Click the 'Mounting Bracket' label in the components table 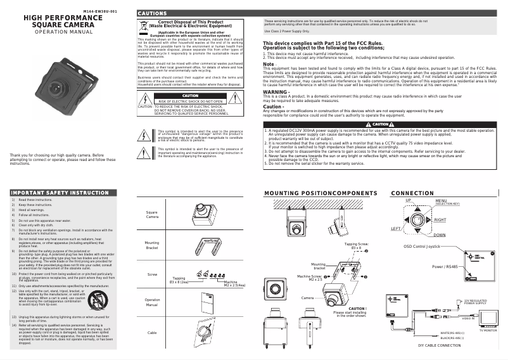coord(152,245)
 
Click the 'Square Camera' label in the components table coord(152,215)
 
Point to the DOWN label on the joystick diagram coord(440,235)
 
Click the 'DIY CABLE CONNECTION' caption coord(439,346)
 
